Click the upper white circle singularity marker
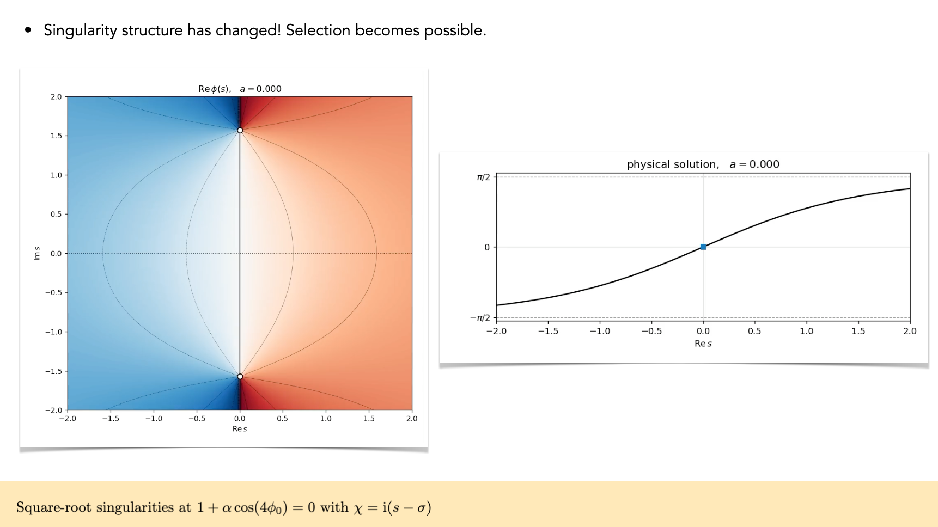[240, 131]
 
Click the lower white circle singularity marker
[240, 376]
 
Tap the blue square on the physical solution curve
[703, 247]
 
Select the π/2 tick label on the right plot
[483, 177]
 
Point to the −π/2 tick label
[480, 318]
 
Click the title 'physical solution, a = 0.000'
[703, 164]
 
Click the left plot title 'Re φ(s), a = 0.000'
[240, 89]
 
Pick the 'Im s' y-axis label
[37, 253]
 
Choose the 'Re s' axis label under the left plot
[240, 429]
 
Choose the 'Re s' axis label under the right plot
[703, 344]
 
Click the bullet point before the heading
[28, 31]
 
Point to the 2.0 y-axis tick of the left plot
[56, 97]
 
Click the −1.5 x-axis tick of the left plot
[111, 419]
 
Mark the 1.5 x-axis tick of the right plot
[858, 331]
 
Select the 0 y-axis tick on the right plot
[487, 247]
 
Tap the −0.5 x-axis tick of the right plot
[651, 331]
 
